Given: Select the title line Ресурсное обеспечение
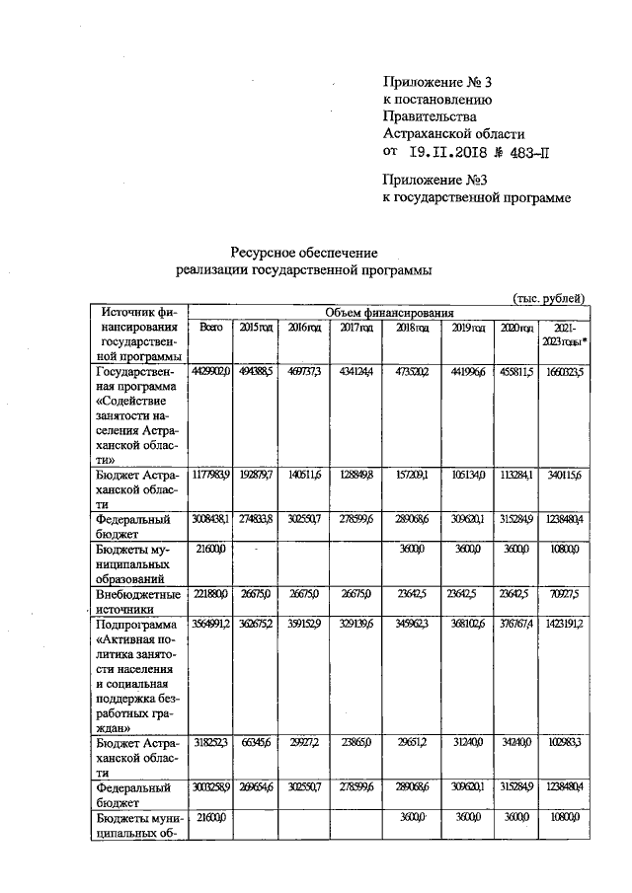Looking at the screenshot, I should click(305, 253).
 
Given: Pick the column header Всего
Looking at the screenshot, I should click(211, 328).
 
